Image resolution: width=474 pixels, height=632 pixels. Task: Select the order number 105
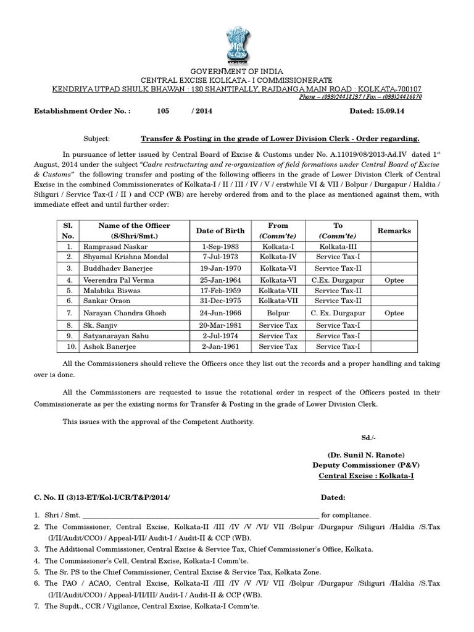[x=163, y=112]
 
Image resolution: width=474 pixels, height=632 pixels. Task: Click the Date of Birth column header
[x=221, y=231]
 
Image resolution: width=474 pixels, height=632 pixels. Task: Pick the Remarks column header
[x=394, y=231]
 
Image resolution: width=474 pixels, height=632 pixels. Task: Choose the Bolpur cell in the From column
[x=278, y=313]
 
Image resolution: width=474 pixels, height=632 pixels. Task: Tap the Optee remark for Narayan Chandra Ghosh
[x=394, y=313]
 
